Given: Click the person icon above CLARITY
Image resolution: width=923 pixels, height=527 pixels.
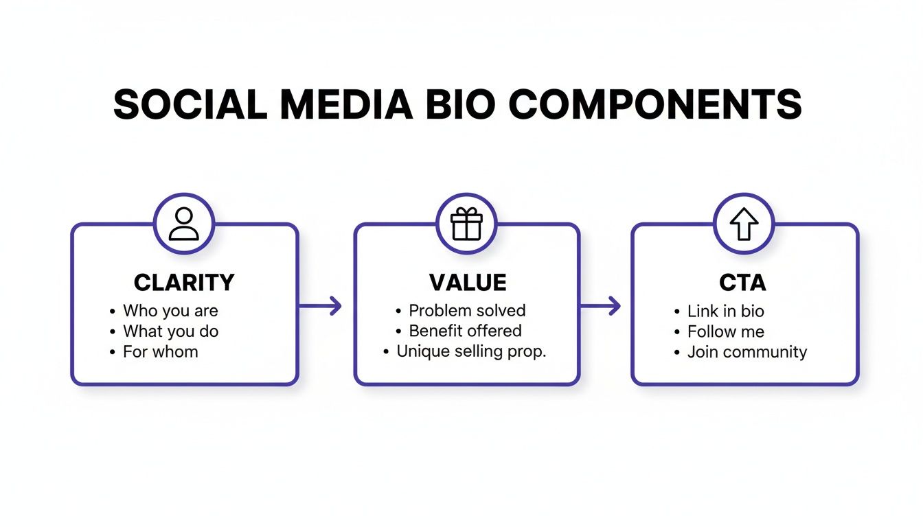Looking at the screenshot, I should click(183, 224).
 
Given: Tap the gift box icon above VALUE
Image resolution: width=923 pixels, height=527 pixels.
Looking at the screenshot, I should click(466, 224).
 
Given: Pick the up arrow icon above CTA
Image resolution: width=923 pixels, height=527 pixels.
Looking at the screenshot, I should click(744, 224).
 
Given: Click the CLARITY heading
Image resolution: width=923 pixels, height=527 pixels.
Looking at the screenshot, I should click(184, 282).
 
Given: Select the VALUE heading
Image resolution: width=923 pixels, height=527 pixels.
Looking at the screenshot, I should click(468, 282).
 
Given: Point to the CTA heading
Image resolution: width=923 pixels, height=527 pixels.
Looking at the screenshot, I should click(743, 282).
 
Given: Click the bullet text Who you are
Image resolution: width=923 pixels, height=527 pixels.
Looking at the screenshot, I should click(170, 311).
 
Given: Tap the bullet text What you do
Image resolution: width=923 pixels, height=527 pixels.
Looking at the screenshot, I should click(170, 331).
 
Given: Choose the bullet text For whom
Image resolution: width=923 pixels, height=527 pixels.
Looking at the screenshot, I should click(160, 352).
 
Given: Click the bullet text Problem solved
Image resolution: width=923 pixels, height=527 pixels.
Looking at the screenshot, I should click(467, 311).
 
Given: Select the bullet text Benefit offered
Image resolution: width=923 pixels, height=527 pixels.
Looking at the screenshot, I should click(465, 331).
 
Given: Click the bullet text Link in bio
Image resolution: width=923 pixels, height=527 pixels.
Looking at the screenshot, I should click(725, 311).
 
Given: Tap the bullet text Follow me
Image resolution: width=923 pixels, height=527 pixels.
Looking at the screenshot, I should click(725, 331).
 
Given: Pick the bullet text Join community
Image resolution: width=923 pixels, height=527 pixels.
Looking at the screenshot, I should click(747, 352).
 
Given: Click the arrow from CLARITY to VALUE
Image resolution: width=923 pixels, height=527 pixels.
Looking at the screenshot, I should click(321, 306).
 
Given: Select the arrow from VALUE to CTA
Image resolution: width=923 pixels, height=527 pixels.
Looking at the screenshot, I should click(600, 306).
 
